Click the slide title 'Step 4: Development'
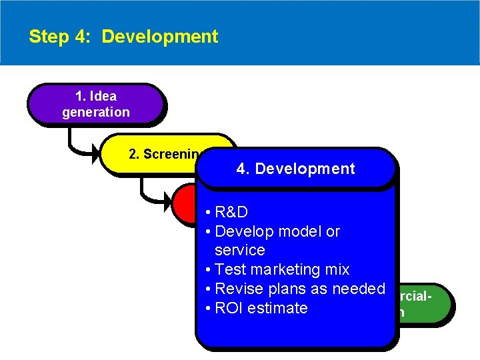click(x=123, y=36)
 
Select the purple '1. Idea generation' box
click(x=95, y=104)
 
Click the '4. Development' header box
click(x=295, y=169)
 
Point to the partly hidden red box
click(x=185, y=203)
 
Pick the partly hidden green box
click(x=424, y=303)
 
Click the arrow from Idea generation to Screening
click(x=80, y=143)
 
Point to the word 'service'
click(x=240, y=250)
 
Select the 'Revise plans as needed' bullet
click(x=296, y=289)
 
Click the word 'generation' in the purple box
click(x=96, y=112)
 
